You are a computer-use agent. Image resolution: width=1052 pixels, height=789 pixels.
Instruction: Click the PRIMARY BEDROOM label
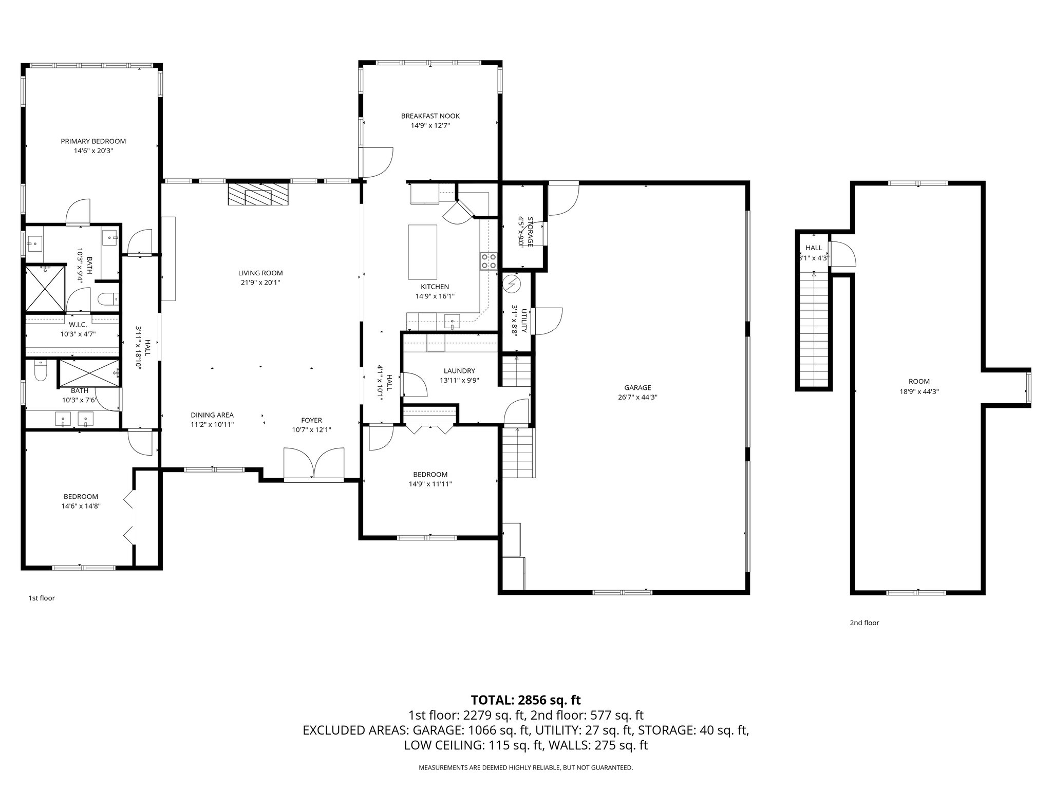[93, 141]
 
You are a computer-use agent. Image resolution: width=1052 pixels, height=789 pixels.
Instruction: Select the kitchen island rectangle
[423, 251]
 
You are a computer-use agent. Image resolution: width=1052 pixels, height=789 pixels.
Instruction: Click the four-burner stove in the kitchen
[489, 261]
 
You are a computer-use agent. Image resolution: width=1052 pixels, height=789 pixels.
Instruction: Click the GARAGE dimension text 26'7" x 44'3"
[637, 397]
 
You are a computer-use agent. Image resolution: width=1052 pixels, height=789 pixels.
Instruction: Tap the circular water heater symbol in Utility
[511, 284]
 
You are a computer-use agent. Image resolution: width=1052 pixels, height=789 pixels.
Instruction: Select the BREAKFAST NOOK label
[430, 116]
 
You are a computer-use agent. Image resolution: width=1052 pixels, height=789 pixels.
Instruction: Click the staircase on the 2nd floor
[814, 329]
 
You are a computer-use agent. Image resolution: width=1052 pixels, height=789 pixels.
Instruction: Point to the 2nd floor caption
[864, 623]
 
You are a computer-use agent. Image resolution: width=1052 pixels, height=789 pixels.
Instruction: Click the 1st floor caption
[41, 598]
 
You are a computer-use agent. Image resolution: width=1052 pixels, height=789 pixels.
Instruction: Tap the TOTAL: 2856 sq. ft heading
[525, 700]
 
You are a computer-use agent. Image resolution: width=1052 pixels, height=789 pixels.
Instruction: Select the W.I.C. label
[78, 325]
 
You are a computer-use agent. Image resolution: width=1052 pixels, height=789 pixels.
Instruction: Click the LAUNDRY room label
[459, 371]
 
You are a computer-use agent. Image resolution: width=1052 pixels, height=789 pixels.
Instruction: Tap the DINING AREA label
[212, 415]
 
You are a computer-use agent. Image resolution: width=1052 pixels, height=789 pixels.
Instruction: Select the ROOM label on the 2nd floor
[919, 382]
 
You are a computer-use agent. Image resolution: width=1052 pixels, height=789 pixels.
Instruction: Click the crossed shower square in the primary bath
[45, 289]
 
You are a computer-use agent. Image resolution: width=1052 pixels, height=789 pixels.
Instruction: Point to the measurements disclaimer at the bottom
[525, 767]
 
